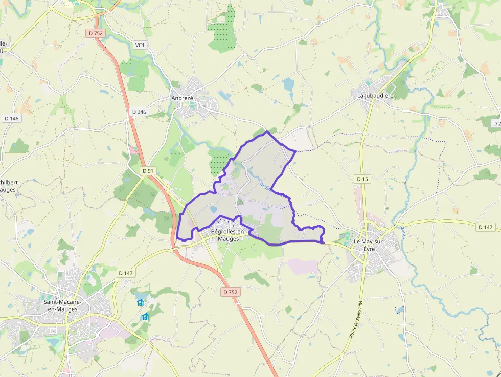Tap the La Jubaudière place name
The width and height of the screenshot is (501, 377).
[x=375, y=95]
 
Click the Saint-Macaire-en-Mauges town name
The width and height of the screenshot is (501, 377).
[x=60, y=305]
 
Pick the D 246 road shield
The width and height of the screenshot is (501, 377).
[x=139, y=112]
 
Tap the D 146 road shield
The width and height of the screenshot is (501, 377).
[x=11, y=118]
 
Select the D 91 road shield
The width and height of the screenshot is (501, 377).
[x=148, y=171]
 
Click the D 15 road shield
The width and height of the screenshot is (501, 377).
[x=362, y=179]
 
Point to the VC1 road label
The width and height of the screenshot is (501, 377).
[x=140, y=45]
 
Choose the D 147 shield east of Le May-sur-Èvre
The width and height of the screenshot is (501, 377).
[x=486, y=227]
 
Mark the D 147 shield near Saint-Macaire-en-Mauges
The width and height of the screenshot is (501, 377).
[x=125, y=273]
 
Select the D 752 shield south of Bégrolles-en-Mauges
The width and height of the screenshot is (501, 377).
[x=230, y=292]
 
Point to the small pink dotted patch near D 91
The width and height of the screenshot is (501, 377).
[x=134, y=150]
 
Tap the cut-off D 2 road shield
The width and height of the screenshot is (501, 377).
[x=496, y=123]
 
